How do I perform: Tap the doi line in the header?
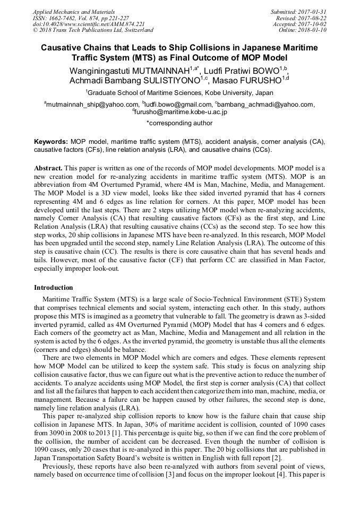pos(73,24)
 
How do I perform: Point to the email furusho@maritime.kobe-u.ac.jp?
pos(181,113)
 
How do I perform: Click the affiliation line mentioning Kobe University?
pos(179,92)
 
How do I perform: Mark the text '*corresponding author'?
pos(179,123)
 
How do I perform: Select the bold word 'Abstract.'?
pos(49,167)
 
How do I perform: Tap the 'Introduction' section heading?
pos(54,287)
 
